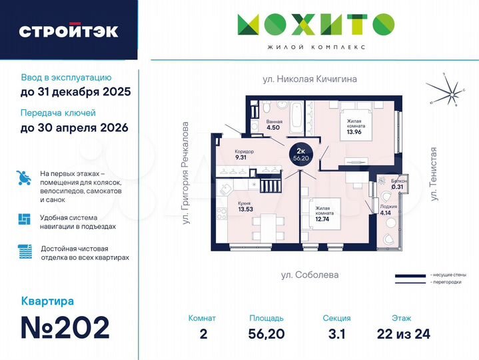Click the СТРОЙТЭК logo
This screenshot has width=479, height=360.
pos(69,31)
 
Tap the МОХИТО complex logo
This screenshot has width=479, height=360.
pos(315,25)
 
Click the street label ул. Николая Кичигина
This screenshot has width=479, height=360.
pos(310,79)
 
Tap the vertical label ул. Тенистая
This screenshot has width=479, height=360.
pos(434,175)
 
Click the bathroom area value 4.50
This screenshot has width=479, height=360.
pos(274,130)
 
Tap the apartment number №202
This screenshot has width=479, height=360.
pos(66,327)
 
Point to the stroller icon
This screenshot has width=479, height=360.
pos(23,179)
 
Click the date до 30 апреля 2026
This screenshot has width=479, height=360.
pos(75,127)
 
